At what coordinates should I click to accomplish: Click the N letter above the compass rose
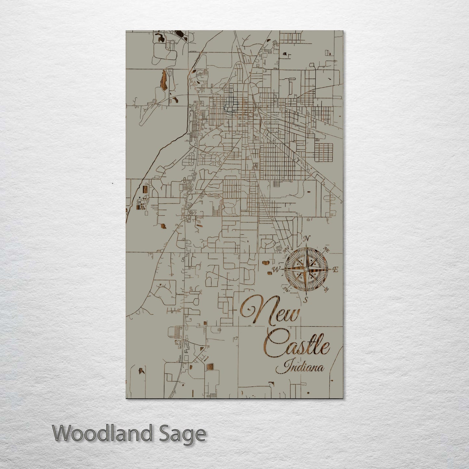(x=306, y=239)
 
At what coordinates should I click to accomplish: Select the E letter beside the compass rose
(x=336, y=269)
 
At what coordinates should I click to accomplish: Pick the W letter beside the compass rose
(x=276, y=269)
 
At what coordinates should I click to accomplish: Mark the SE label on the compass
(x=326, y=289)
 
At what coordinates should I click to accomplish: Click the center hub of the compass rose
(x=306, y=269)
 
